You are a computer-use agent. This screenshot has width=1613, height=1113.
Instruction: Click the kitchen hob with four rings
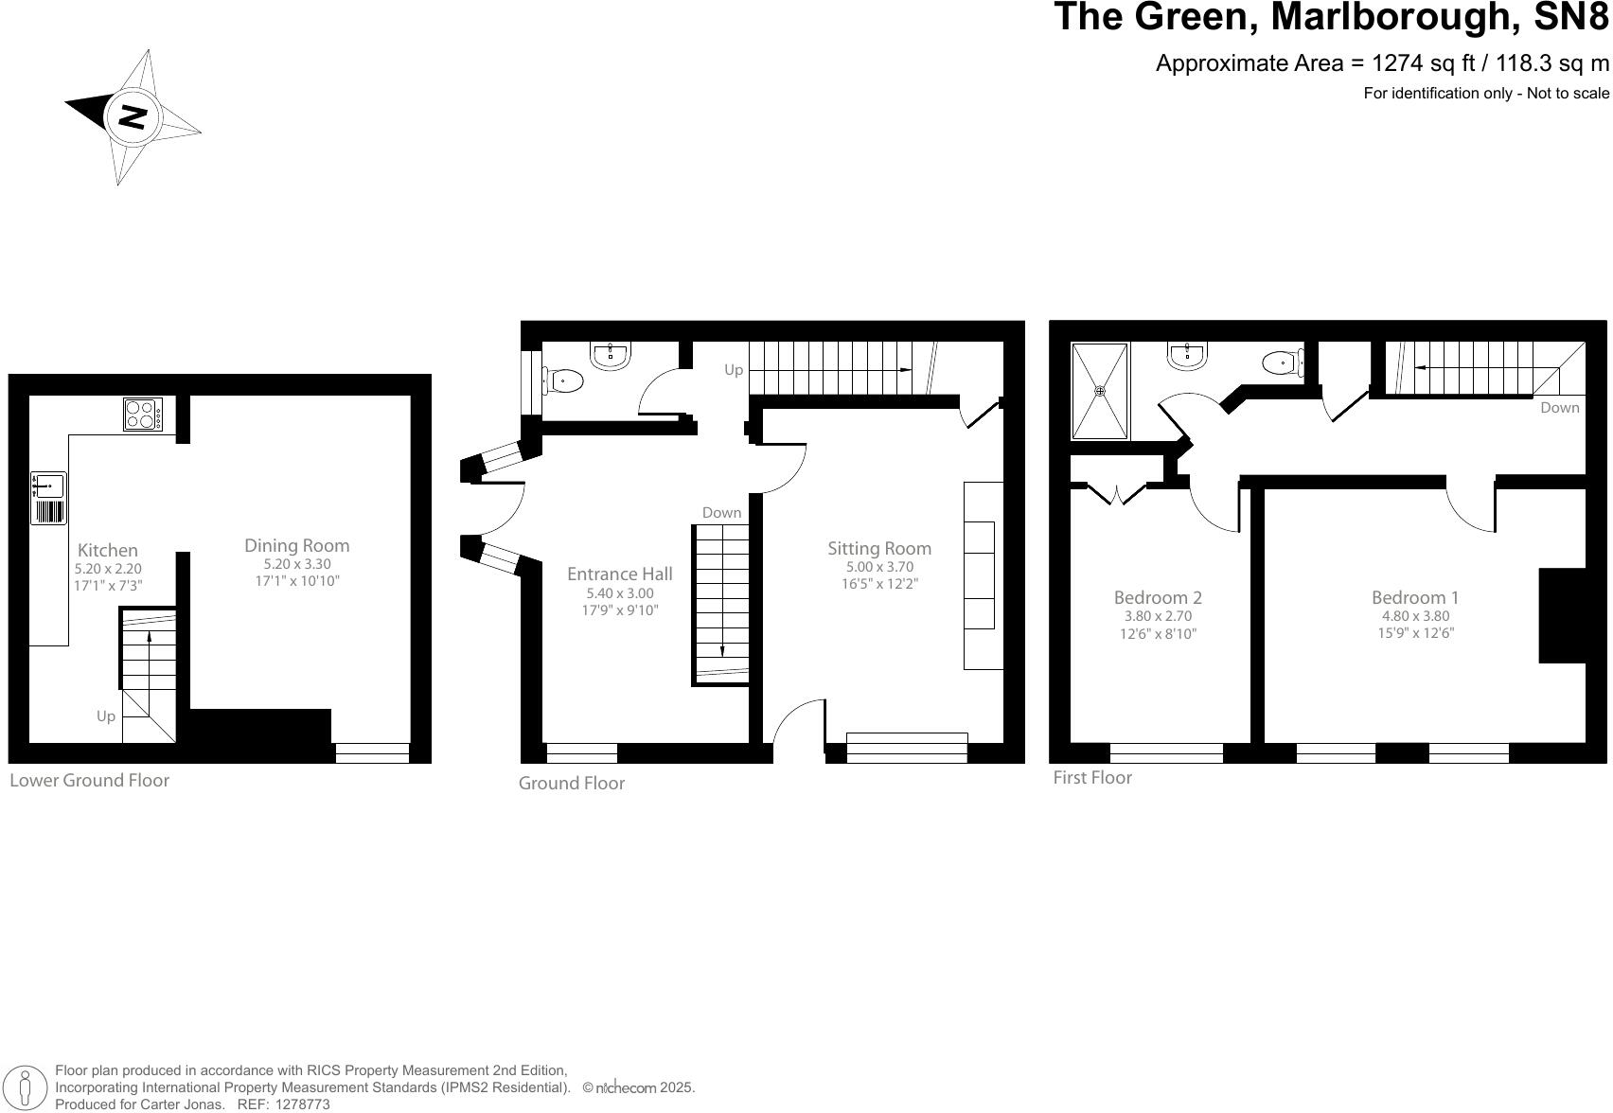tap(143, 415)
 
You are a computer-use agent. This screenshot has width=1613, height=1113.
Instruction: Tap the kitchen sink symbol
tap(48, 486)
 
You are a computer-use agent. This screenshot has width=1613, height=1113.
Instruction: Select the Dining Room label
tap(296, 545)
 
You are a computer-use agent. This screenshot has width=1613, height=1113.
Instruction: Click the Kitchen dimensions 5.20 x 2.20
tap(108, 569)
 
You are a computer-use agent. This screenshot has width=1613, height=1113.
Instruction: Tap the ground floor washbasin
tap(611, 357)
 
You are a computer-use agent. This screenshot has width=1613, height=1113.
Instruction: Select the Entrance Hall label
tap(619, 574)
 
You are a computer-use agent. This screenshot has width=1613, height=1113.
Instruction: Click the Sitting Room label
tap(878, 548)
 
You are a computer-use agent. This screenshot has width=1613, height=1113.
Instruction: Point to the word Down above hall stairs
tap(721, 513)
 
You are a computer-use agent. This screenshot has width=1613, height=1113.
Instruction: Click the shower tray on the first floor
tap(1099, 391)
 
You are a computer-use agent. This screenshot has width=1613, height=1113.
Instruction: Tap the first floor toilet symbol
tap(1284, 362)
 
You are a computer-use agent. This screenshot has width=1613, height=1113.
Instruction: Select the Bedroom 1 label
tap(1414, 597)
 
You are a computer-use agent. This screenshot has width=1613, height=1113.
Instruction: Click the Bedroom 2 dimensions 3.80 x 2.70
tap(1157, 616)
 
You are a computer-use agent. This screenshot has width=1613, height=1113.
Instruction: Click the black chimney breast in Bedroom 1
tap(1562, 615)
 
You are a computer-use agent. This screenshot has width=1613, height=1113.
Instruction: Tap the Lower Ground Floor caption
tap(89, 781)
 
